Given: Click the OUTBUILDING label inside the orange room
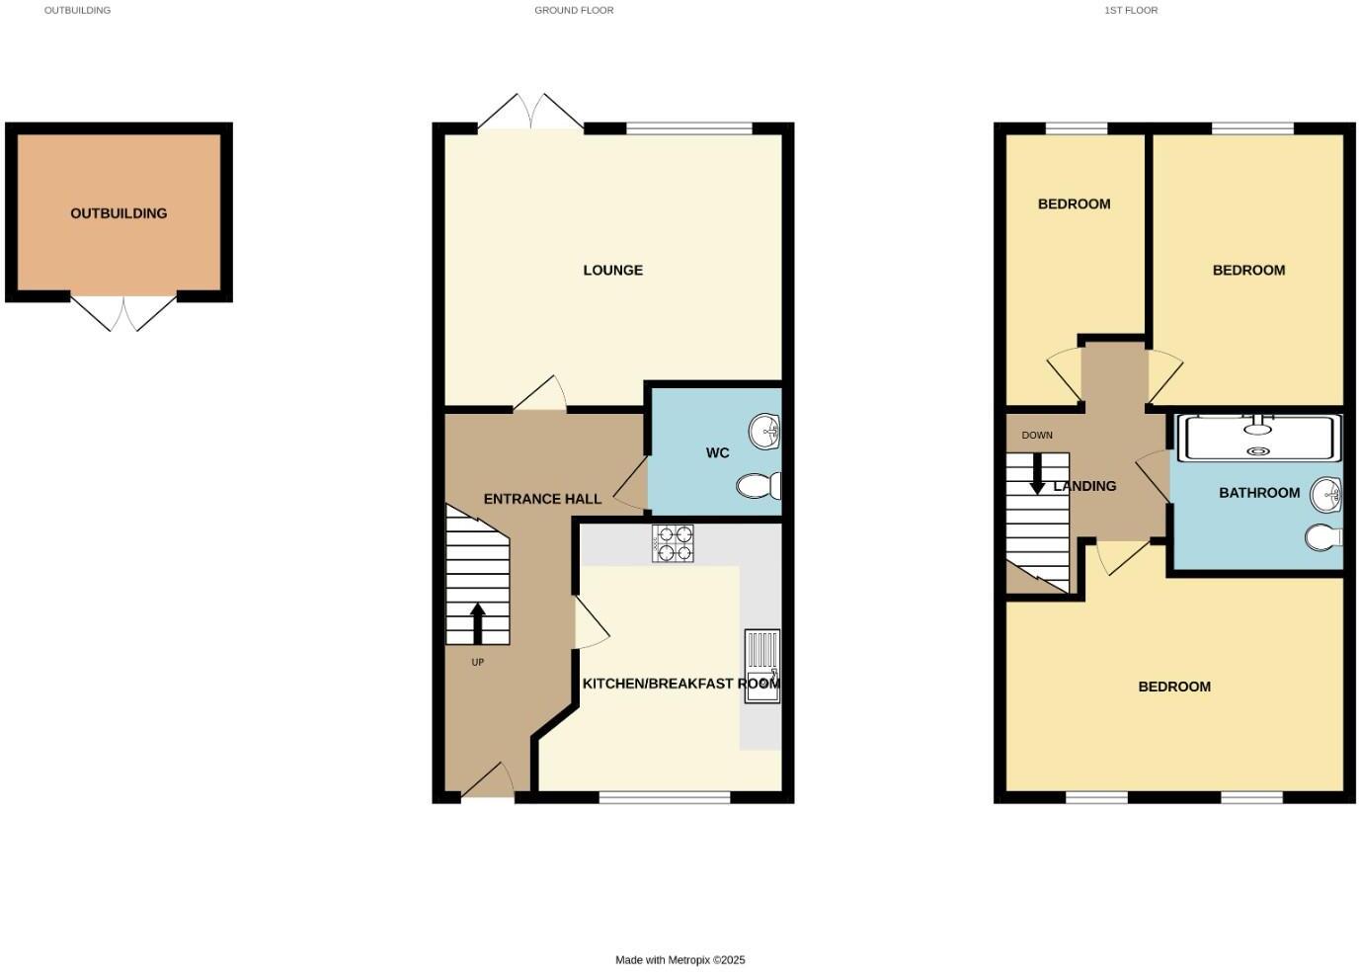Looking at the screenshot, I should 119,213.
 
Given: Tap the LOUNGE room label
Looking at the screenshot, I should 612,270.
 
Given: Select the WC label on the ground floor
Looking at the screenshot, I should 717,452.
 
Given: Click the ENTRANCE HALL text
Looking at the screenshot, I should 542,499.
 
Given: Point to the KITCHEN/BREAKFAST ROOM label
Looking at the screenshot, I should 680,684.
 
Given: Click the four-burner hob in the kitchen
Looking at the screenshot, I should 673,544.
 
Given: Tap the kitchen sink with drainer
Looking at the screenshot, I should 761,667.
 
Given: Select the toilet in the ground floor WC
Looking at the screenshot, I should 760,486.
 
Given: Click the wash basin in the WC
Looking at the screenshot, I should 765,432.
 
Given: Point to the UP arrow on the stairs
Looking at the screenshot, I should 478,623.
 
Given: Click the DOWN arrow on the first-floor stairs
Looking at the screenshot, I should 1037,473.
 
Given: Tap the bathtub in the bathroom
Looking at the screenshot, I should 1258,439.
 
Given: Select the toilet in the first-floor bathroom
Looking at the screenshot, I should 1324,537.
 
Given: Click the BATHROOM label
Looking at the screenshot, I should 1258,493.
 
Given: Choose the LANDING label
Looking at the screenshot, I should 1084,486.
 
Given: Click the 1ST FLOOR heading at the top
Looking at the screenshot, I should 1131,10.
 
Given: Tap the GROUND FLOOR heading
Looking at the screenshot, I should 574,10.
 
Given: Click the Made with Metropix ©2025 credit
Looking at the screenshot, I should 679,959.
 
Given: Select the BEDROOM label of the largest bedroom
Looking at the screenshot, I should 1174,687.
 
